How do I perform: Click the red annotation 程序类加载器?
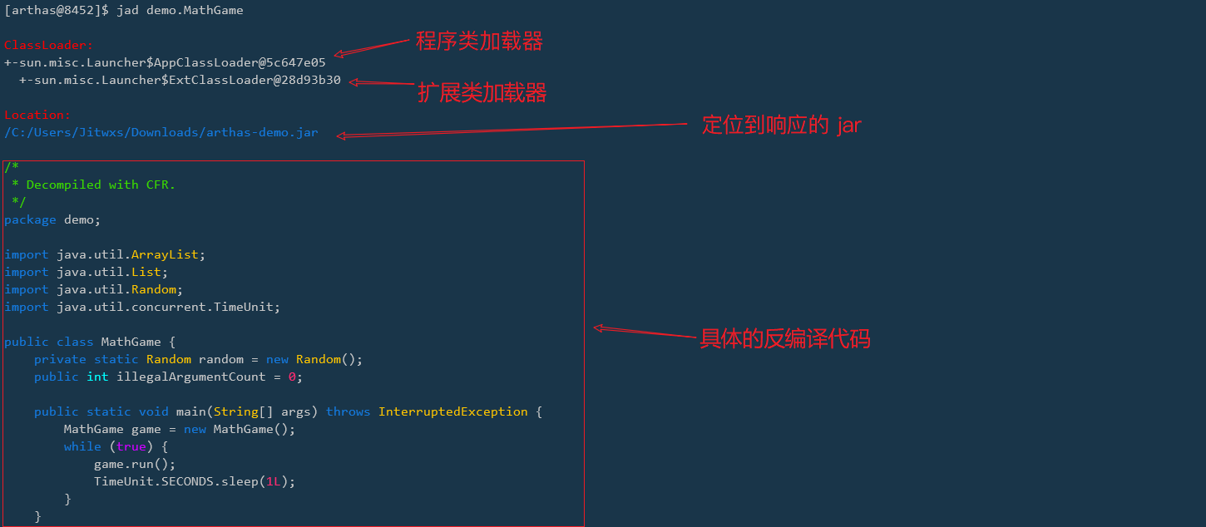[479, 41]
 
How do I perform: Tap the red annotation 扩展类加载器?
[482, 92]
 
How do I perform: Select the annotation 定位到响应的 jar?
[781, 126]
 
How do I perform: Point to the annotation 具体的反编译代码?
[784, 339]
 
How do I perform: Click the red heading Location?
[37, 115]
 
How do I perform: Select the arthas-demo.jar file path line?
[161, 132]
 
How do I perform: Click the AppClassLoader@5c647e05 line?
[165, 62]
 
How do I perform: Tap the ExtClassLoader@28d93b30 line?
[180, 80]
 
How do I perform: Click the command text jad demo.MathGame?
[180, 10]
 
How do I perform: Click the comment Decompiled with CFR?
[101, 185]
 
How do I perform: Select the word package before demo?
[30, 219]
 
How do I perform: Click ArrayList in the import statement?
[165, 254]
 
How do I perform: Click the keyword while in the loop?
[82, 446]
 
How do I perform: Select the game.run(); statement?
[135, 464]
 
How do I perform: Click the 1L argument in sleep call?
[273, 481]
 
